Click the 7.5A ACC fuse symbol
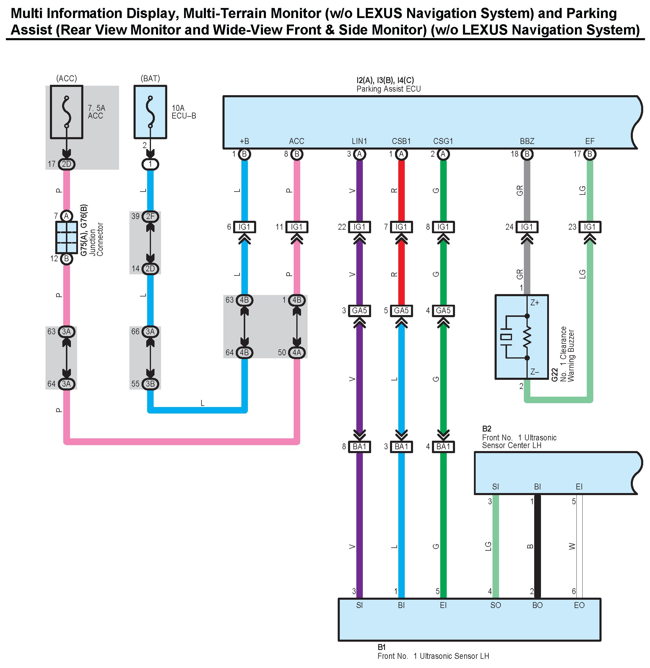(66, 112)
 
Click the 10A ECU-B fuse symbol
(150, 112)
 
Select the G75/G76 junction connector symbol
(66, 237)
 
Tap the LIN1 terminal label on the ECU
(359, 141)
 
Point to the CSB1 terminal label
(401, 141)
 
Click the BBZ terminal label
(527, 141)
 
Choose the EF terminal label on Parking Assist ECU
(589, 141)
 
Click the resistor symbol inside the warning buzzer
(527, 337)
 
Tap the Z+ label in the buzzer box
(534, 303)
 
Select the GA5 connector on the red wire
(401, 310)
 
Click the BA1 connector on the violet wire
(360, 446)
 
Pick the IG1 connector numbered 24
(527, 227)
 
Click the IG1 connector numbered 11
(297, 227)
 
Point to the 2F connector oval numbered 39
(150, 216)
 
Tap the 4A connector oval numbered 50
(297, 352)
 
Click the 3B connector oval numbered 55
(150, 384)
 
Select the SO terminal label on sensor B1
(495, 605)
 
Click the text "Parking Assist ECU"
(389, 89)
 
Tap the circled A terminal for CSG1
(443, 154)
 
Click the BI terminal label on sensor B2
(537, 486)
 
